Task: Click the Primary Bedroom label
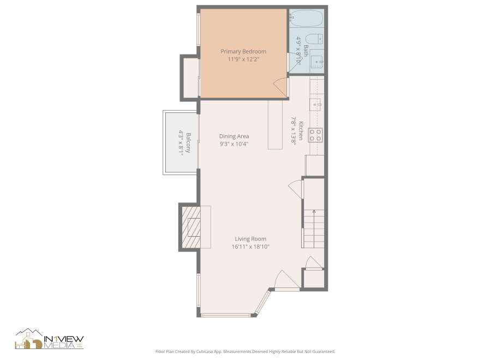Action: [x=243, y=51]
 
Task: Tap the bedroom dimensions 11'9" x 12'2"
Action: [x=243, y=59]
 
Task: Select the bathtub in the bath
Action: [x=306, y=18]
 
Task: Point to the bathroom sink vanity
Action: [x=316, y=61]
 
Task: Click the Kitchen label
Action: [x=301, y=130]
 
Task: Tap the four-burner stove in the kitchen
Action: [x=315, y=135]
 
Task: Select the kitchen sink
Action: [x=315, y=104]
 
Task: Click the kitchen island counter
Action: [x=276, y=124]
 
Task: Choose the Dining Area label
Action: [x=234, y=136]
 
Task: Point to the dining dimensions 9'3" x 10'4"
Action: [x=234, y=144]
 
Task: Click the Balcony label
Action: [x=188, y=143]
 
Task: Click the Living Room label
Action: [x=250, y=239]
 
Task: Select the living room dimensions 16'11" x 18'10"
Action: [x=250, y=247]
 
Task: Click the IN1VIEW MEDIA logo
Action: [x=50, y=339]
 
